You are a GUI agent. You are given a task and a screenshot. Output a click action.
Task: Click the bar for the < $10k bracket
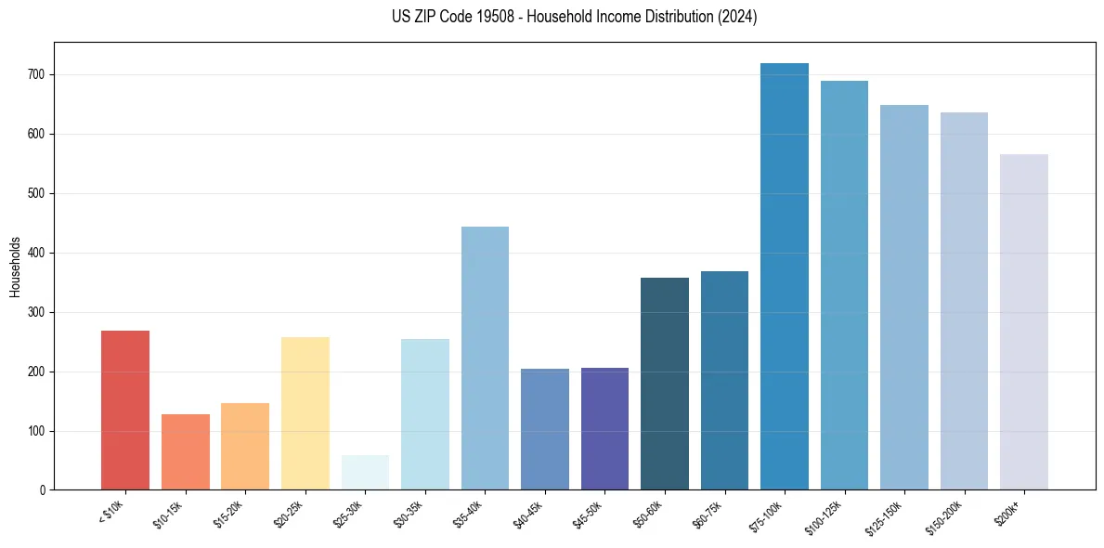[x=124, y=410]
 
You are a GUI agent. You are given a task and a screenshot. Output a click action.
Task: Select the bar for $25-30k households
[x=364, y=472]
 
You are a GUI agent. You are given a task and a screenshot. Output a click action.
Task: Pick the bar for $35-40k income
[x=485, y=358]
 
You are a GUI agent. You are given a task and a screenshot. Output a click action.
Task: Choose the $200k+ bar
[x=1023, y=321]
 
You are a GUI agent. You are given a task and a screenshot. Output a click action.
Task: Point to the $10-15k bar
[x=185, y=451]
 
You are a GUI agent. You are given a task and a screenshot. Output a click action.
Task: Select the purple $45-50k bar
[x=604, y=428]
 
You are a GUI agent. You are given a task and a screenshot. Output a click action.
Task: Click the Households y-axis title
[x=16, y=267]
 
